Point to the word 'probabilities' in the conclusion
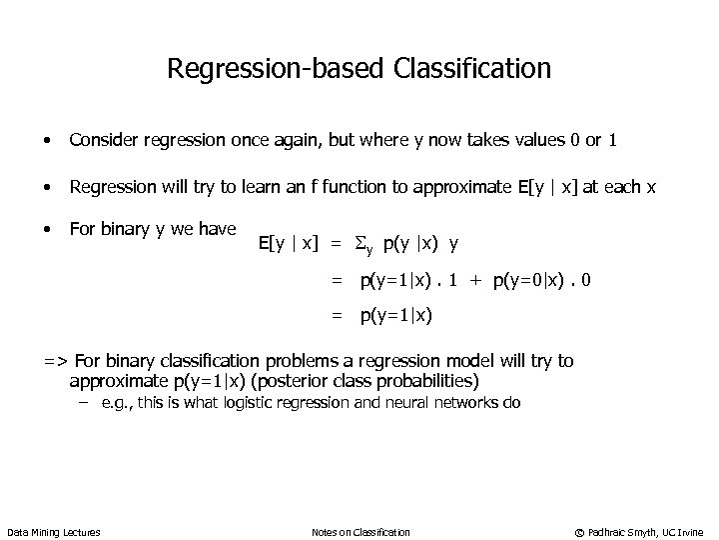click(425, 381)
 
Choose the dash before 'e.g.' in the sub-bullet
click(84, 403)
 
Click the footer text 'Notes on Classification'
click(360, 532)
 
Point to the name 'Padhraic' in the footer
click(610, 532)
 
